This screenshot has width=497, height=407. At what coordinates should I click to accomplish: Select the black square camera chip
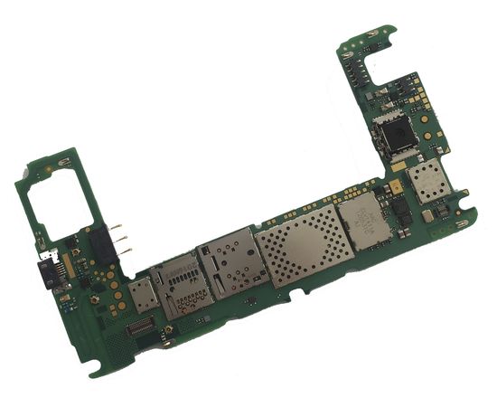click(x=396, y=138)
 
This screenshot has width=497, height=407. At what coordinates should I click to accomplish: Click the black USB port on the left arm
click(x=45, y=271)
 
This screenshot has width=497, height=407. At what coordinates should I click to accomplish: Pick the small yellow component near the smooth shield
click(x=396, y=188)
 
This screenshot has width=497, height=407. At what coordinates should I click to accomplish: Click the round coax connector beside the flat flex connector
click(x=168, y=331)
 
